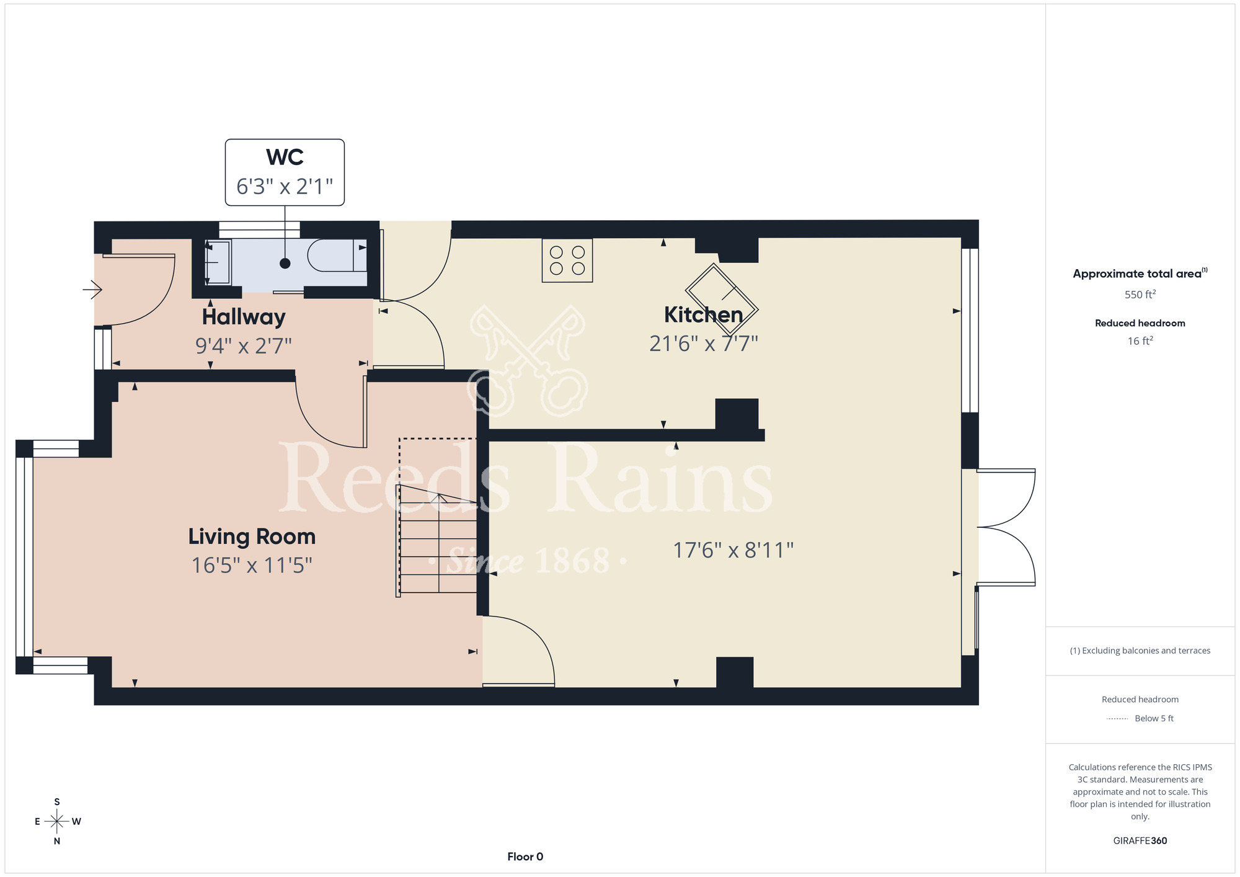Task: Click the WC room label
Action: click(285, 157)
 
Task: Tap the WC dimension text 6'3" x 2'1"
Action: click(285, 186)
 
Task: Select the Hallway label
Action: click(244, 318)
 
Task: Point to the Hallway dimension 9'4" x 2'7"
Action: click(244, 345)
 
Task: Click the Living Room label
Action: click(252, 536)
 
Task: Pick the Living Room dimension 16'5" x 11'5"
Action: click(252, 565)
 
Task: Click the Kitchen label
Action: click(704, 315)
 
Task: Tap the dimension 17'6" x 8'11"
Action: click(733, 550)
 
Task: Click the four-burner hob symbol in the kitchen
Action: click(567, 260)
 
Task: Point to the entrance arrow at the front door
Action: click(92, 289)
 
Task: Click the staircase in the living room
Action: click(437, 540)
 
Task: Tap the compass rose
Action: click(57, 822)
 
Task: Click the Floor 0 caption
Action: click(525, 857)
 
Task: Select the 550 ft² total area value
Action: click(1140, 294)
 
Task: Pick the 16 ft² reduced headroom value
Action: click(1140, 341)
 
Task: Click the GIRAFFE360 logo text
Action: click(1140, 841)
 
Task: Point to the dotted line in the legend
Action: click(1117, 719)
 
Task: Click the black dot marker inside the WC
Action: click(285, 264)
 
